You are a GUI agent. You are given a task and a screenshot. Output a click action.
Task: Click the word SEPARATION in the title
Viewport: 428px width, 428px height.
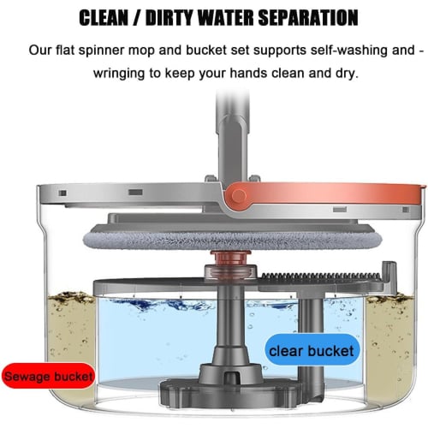308,18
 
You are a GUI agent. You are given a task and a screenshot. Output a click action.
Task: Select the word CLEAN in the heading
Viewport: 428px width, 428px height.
104,18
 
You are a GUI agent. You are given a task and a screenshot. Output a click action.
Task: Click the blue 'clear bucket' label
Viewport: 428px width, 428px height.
312,350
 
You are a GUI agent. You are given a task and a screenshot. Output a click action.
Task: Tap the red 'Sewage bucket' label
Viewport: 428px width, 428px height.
49,376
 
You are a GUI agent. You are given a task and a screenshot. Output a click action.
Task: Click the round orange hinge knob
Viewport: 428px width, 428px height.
238,196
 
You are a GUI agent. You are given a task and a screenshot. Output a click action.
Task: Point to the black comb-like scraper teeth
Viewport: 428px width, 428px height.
321,276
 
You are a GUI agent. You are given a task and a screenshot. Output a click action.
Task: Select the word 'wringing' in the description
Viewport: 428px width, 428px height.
118,74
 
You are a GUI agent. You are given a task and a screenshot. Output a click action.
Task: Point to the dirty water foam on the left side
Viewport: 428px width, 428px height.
71,298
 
